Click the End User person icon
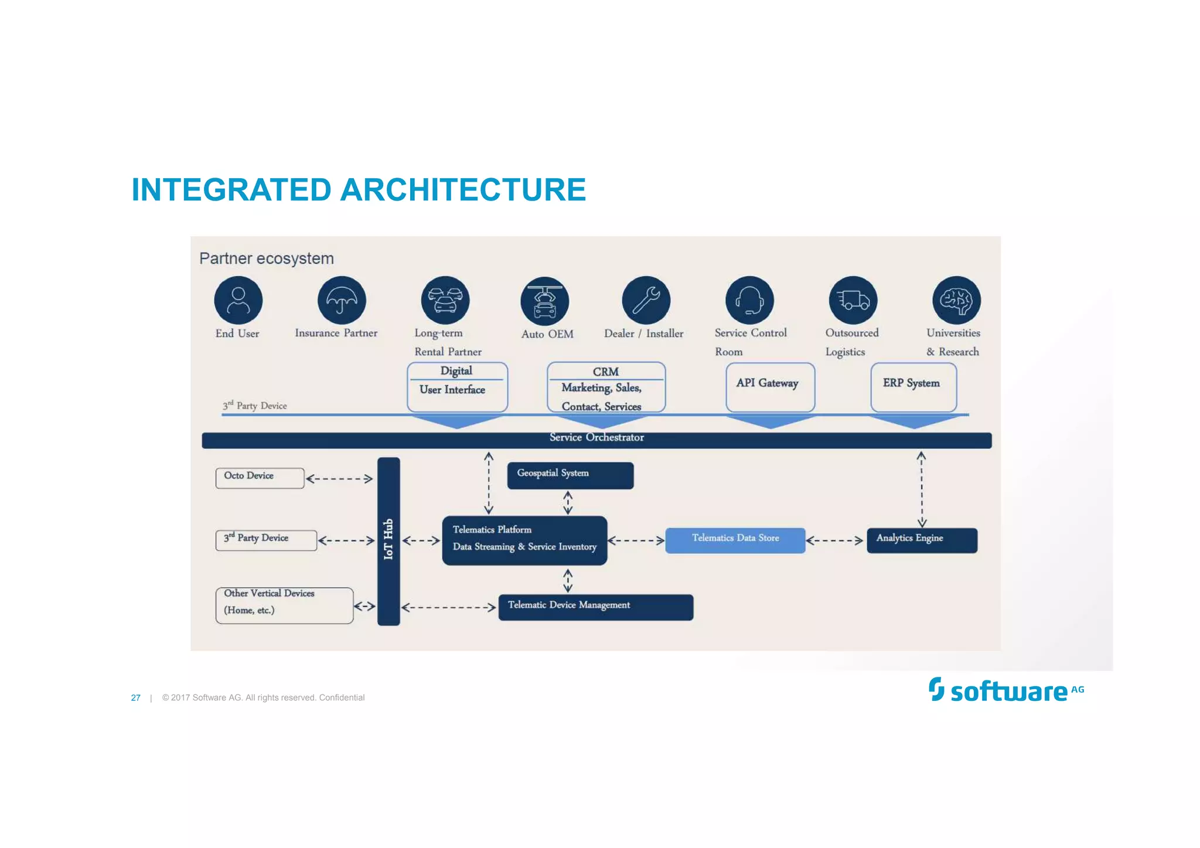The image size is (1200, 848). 238,300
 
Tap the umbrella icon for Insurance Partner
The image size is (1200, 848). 342,300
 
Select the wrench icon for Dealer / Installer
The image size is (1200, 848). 646,300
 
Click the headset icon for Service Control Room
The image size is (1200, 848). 749,300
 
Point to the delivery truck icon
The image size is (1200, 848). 853,300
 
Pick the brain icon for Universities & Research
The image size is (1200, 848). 956,300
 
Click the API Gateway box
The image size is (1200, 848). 770,386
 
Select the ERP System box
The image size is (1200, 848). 913,386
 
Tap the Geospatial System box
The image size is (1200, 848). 570,475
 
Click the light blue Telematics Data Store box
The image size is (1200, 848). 735,540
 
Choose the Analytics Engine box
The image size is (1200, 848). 922,540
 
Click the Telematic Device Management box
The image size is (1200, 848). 595,607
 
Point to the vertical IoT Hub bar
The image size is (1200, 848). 388,541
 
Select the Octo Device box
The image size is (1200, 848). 260,478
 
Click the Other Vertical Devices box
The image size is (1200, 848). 284,605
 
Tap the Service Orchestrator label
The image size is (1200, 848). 596,438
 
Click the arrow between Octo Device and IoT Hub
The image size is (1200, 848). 339,479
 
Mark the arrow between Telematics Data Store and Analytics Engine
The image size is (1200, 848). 834,540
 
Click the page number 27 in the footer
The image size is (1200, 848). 135,697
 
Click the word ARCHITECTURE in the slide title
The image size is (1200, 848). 463,190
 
